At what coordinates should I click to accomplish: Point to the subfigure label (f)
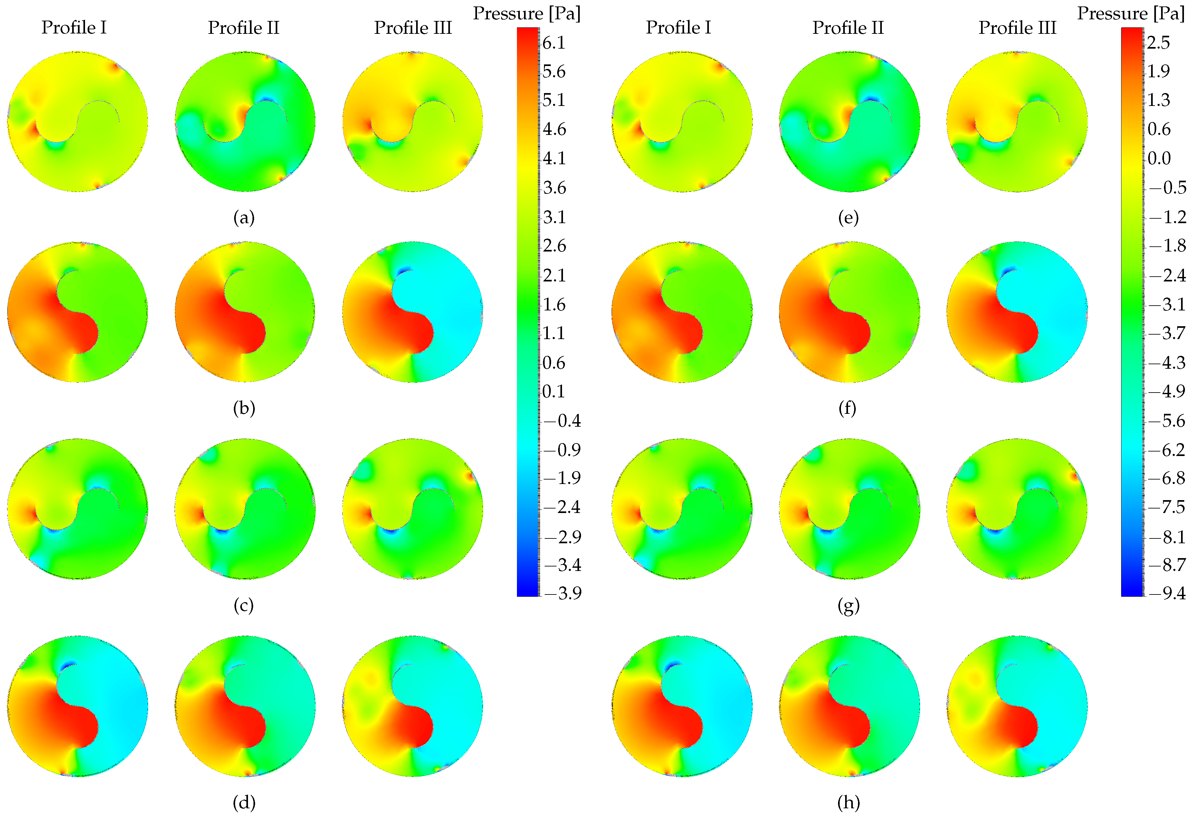(847, 408)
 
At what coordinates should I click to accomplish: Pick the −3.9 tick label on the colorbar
(562, 594)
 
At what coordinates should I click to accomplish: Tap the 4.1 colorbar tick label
(554, 158)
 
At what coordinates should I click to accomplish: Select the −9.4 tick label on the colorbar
(1167, 594)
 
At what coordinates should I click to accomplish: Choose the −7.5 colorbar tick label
(1167, 507)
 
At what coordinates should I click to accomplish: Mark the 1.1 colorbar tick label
(554, 333)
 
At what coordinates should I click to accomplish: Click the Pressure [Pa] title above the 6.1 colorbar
(527, 13)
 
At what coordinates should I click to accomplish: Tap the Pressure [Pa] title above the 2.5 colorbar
(1131, 13)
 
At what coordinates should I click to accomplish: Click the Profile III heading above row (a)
(413, 28)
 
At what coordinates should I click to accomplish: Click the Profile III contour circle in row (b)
(413, 312)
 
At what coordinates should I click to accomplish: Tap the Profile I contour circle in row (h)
(682, 706)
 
